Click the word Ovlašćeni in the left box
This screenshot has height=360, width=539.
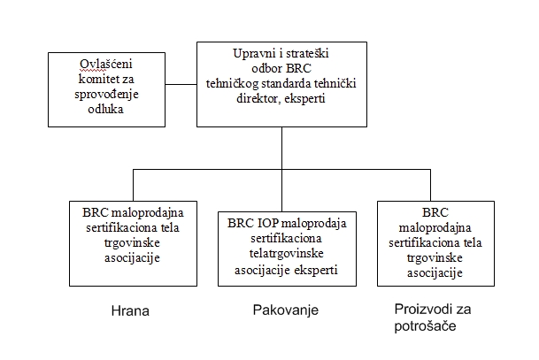tap(106, 64)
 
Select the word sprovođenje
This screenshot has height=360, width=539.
tap(106, 95)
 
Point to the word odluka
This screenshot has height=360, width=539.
tap(106, 109)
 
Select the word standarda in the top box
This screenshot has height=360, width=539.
tap(288, 84)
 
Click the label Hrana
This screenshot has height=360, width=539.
tap(130, 310)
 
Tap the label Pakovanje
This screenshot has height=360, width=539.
tap(286, 310)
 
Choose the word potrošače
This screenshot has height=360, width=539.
tap(425, 326)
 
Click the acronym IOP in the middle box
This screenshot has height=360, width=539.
tap(268, 223)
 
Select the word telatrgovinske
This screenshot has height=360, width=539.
tap(287, 254)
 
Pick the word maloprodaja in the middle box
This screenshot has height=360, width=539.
tap(314, 224)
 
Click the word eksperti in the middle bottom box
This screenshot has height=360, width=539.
tap(316, 270)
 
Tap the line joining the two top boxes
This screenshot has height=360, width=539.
tap(181, 85)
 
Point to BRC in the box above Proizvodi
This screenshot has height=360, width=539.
tap(435, 212)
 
